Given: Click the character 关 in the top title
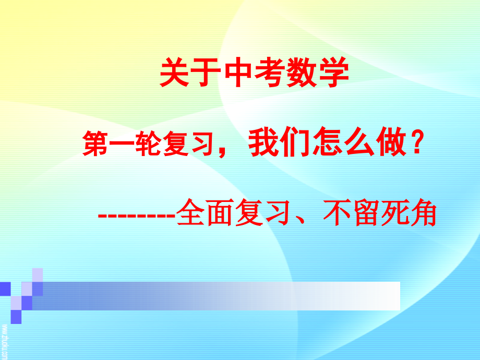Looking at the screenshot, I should pyautogui.click(x=175, y=74).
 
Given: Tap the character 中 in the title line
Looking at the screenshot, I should pyautogui.click(x=238, y=74).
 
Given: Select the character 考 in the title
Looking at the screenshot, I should pyautogui.click(x=270, y=74).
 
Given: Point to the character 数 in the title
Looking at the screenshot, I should pyautogui.click(x=302, y=74).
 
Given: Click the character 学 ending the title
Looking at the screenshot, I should pyautogui.click(x=333, y=74).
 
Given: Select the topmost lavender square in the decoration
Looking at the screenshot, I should pyautogui.click(x=38, y=274).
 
